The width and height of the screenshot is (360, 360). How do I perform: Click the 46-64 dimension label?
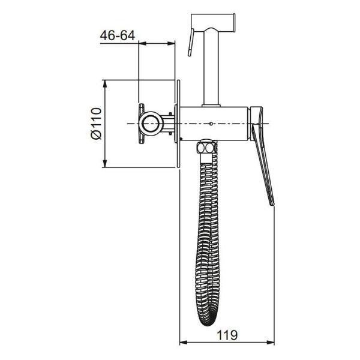[x=118, y=35]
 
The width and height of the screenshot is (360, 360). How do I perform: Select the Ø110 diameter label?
[x=96, y=124]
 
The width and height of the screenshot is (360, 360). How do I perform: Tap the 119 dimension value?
[x=227, y=335]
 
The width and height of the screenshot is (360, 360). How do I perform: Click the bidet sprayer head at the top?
[x=213, y=23]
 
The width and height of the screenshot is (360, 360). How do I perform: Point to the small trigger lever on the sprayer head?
[x=191, y=42]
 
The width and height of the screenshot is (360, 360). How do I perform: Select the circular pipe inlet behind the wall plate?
[x=151, y=124]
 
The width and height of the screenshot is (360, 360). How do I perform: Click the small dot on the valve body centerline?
[x=211, y=124]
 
